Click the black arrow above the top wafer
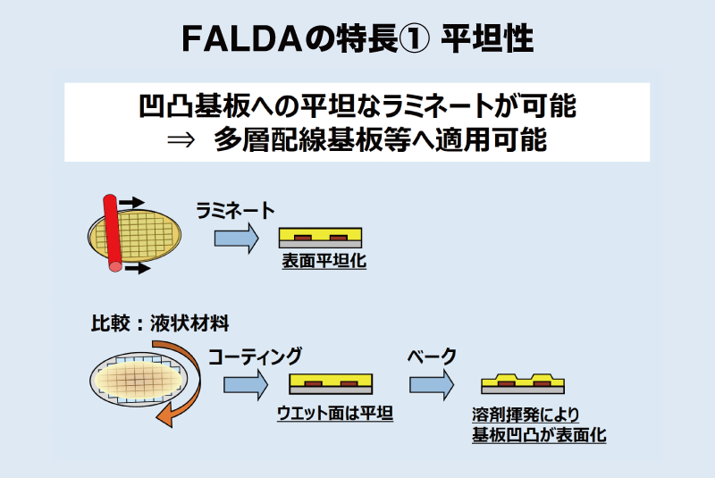(x=131, y=201)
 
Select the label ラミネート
(x=235, y=209)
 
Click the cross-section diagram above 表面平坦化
(x=321, y=238)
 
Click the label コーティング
(x=255, y=356)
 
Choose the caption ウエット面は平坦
(x=335, y=413)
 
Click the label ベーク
(x=432, y=356)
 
